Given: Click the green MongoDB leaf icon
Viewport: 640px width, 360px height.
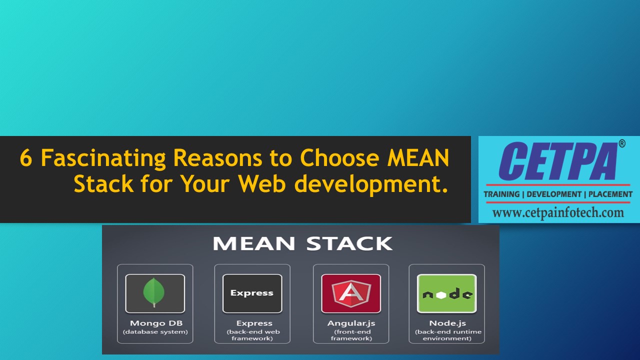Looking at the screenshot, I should (x=154, y=293).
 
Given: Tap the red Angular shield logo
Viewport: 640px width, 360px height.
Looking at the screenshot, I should (x=351, y=293).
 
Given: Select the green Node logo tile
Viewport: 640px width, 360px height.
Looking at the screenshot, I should (x=447, y=293).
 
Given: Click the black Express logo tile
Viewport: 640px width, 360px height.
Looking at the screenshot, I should (x=252, y=293).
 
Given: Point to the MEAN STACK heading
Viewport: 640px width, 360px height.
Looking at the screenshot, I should (x=302, y=244).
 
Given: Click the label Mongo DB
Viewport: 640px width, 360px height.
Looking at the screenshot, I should (x=155, y=323).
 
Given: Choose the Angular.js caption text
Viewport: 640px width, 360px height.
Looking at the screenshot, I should (x=351, y=323).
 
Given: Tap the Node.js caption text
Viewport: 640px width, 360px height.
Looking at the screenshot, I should (x=447, y=323).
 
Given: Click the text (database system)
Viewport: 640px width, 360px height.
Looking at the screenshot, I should (x=155, y=331).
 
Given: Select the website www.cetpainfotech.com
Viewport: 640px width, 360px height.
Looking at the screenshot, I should (x=558, y=213).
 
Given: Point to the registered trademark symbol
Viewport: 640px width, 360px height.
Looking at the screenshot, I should (x=622, y=144).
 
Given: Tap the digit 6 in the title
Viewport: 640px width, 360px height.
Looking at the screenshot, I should (x=25, y=158).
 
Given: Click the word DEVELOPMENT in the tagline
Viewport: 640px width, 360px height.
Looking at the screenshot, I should (x=553, y=194).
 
